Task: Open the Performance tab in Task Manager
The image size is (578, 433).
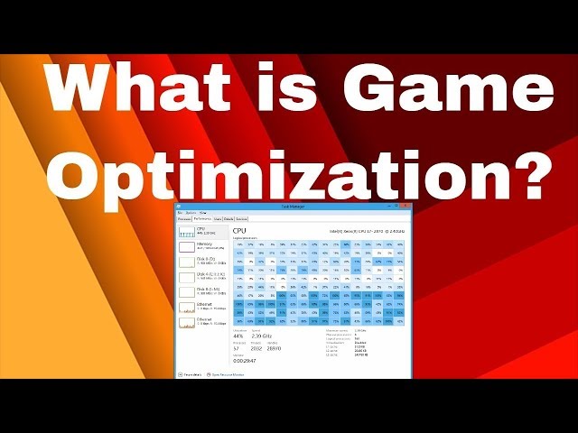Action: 201,218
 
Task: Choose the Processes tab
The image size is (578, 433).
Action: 184,218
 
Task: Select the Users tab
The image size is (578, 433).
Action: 217,218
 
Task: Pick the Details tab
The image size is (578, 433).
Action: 228,218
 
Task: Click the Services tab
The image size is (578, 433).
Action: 242,218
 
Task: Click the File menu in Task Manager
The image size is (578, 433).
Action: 180,213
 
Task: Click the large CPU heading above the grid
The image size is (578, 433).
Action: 238,230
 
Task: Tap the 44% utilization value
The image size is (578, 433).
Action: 238,336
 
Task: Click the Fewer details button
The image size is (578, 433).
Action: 192,373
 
